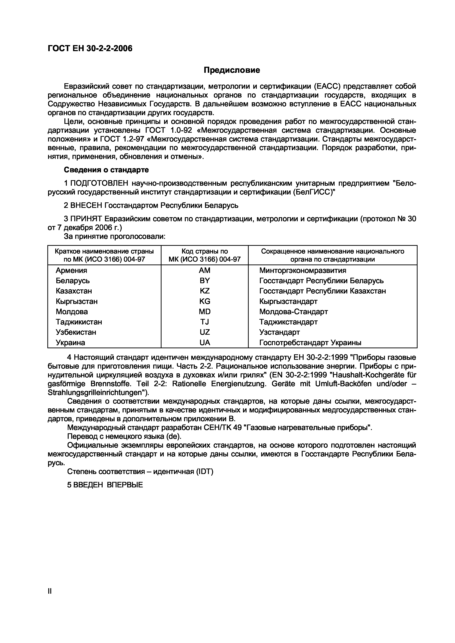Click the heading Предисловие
[x=232, y=70]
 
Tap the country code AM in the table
[x=204, y=271]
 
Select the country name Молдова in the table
[x=72, y=312]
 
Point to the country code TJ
[x=204, y=322]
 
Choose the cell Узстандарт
[x=280, y=332]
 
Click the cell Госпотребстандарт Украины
[x=310, y=343]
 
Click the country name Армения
[x=71, y=271]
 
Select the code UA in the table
[x=204, y=343]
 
